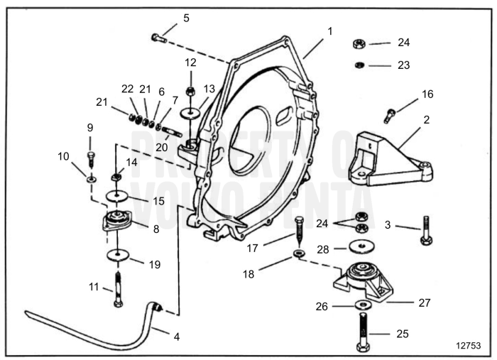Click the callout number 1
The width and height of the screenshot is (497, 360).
329,31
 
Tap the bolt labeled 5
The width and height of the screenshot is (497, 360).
159,38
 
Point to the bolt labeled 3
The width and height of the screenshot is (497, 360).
425,229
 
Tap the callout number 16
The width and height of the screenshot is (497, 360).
427,94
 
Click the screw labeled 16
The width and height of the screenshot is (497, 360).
390,114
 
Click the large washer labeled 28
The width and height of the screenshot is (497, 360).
363,247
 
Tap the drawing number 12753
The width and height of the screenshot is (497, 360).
468,344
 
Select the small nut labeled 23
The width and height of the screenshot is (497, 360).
360,65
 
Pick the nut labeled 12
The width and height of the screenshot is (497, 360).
190,92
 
